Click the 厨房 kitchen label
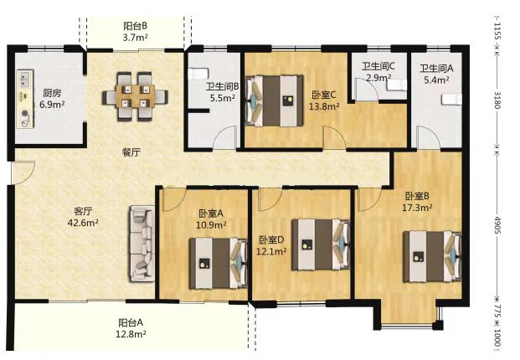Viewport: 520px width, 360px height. pos(53,93)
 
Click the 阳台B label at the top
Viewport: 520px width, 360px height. pos(135,26)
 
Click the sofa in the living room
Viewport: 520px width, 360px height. pos(142,243)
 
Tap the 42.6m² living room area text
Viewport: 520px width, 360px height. pos(83,223)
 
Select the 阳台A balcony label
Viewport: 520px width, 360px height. pos(130,322)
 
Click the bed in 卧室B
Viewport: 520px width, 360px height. pos(432,253)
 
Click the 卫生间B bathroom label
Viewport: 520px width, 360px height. pos(224,86)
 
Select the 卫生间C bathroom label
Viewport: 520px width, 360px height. pos(378,67)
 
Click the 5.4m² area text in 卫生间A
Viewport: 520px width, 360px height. pos(435,80)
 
